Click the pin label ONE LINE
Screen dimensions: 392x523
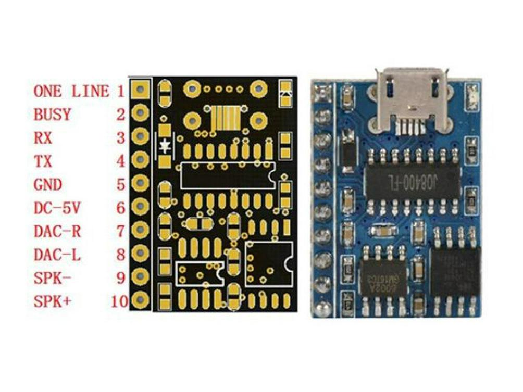71,92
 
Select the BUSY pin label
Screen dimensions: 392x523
52,115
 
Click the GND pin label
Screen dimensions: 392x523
47,185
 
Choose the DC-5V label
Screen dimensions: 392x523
57,208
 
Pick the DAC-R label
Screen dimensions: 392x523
57,231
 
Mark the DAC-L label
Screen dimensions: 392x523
57,255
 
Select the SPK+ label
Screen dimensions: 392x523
52,301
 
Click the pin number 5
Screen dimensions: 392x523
120,185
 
